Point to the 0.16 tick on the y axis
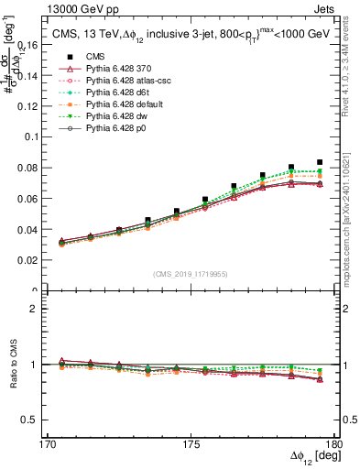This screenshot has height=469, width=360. [x=38, y=42]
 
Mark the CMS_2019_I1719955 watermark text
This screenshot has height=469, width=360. [x=191, y=273]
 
